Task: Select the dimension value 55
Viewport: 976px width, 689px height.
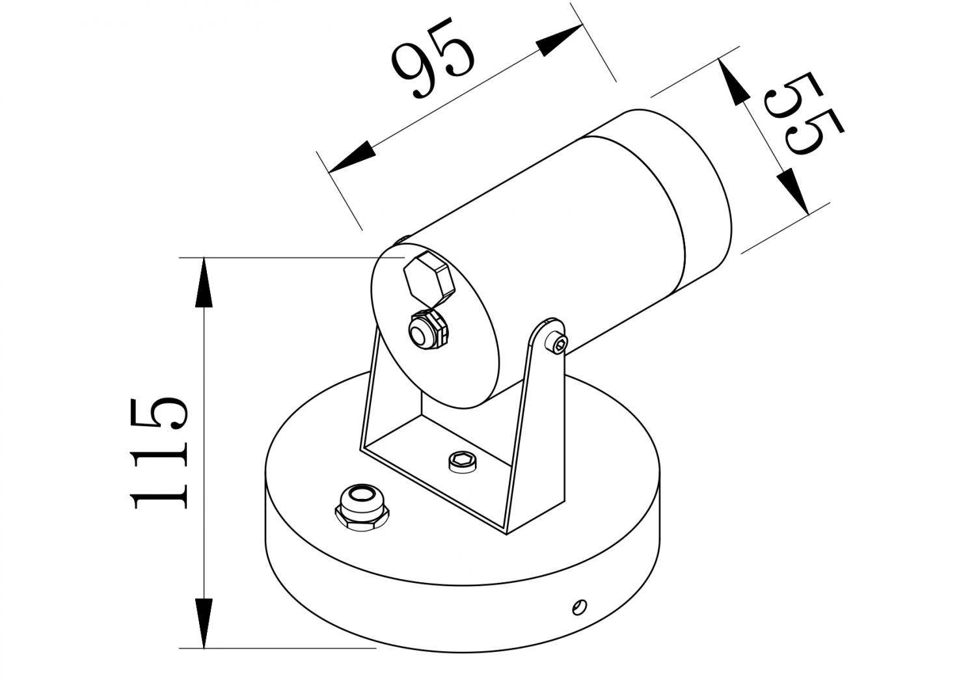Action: pos(802,113)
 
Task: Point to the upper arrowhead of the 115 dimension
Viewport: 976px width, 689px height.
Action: pos(204,280)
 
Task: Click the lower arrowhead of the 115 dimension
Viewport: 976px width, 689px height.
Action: pos(204,625)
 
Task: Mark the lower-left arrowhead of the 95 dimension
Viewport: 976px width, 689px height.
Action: pos(351,158)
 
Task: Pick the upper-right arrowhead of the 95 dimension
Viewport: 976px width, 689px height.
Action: pos(560,41)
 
